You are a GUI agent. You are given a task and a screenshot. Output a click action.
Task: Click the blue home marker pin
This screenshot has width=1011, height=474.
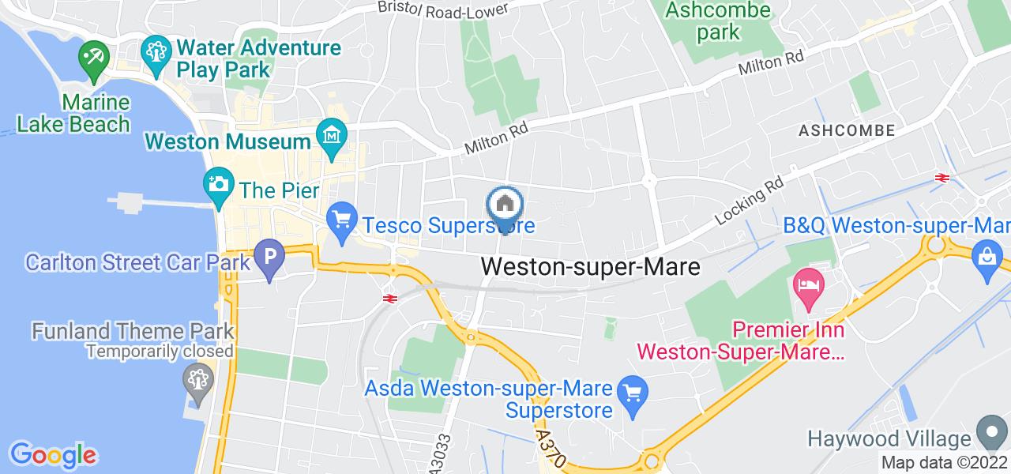[x=505, y=206]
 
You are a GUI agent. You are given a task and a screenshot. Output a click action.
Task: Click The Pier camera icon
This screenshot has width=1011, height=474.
[x=217, y=185]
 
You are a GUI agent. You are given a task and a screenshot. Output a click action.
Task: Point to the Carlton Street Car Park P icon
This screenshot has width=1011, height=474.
[x=269, y=258]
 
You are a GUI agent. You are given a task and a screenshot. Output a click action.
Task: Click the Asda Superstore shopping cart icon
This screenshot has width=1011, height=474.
[x=633, y=391]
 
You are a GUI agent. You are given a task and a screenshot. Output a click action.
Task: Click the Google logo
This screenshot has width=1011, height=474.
[x=53, y=455]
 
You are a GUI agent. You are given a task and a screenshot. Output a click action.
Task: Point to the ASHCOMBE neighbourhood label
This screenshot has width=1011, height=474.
[x=847, y=130]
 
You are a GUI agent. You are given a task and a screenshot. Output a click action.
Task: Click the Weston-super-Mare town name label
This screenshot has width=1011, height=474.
[x=590, y=267]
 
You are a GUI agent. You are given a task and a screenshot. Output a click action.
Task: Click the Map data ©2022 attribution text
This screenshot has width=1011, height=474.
[x=945, y=463]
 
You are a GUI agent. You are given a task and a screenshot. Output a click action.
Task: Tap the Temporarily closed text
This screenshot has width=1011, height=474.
[x=160, y=351]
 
